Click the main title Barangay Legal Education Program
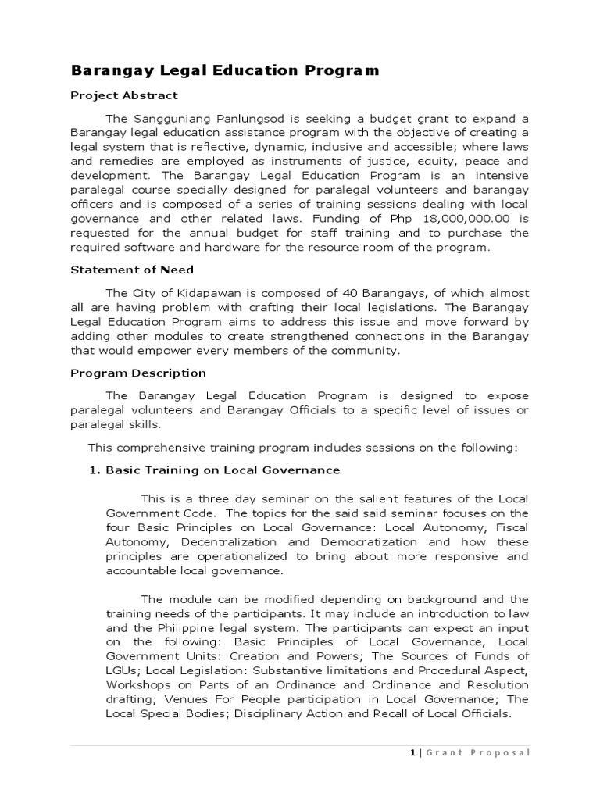point(225,71)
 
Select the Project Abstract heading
point(124,96)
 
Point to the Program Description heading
point(138,373)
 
